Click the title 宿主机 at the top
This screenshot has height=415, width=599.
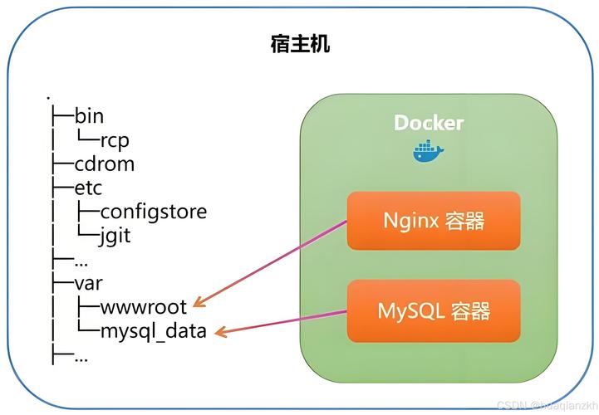(x=300, y=43)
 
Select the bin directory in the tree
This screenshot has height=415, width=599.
(x=89, y=115)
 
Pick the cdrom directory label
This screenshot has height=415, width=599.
(x=104, y=164)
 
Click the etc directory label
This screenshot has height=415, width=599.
(x=89, y=188)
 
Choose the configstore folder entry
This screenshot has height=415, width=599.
(x=153, y=212)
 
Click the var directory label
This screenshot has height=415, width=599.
(x=89, y=283)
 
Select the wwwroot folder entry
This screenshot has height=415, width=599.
(x=144, y=307)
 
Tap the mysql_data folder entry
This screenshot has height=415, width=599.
(x=153, y=332)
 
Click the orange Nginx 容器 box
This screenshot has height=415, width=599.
(x=433, y=221)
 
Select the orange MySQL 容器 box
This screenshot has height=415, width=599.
(x=433, y=310)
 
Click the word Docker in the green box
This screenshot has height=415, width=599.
(x=429, y=123)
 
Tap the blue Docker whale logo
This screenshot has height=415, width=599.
(x=428, y=151)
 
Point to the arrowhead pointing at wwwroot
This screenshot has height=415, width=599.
(x=200, y=303)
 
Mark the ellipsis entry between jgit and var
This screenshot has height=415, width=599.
(x=81, y=260)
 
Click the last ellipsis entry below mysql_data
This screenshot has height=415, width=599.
(x=81, y=356)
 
